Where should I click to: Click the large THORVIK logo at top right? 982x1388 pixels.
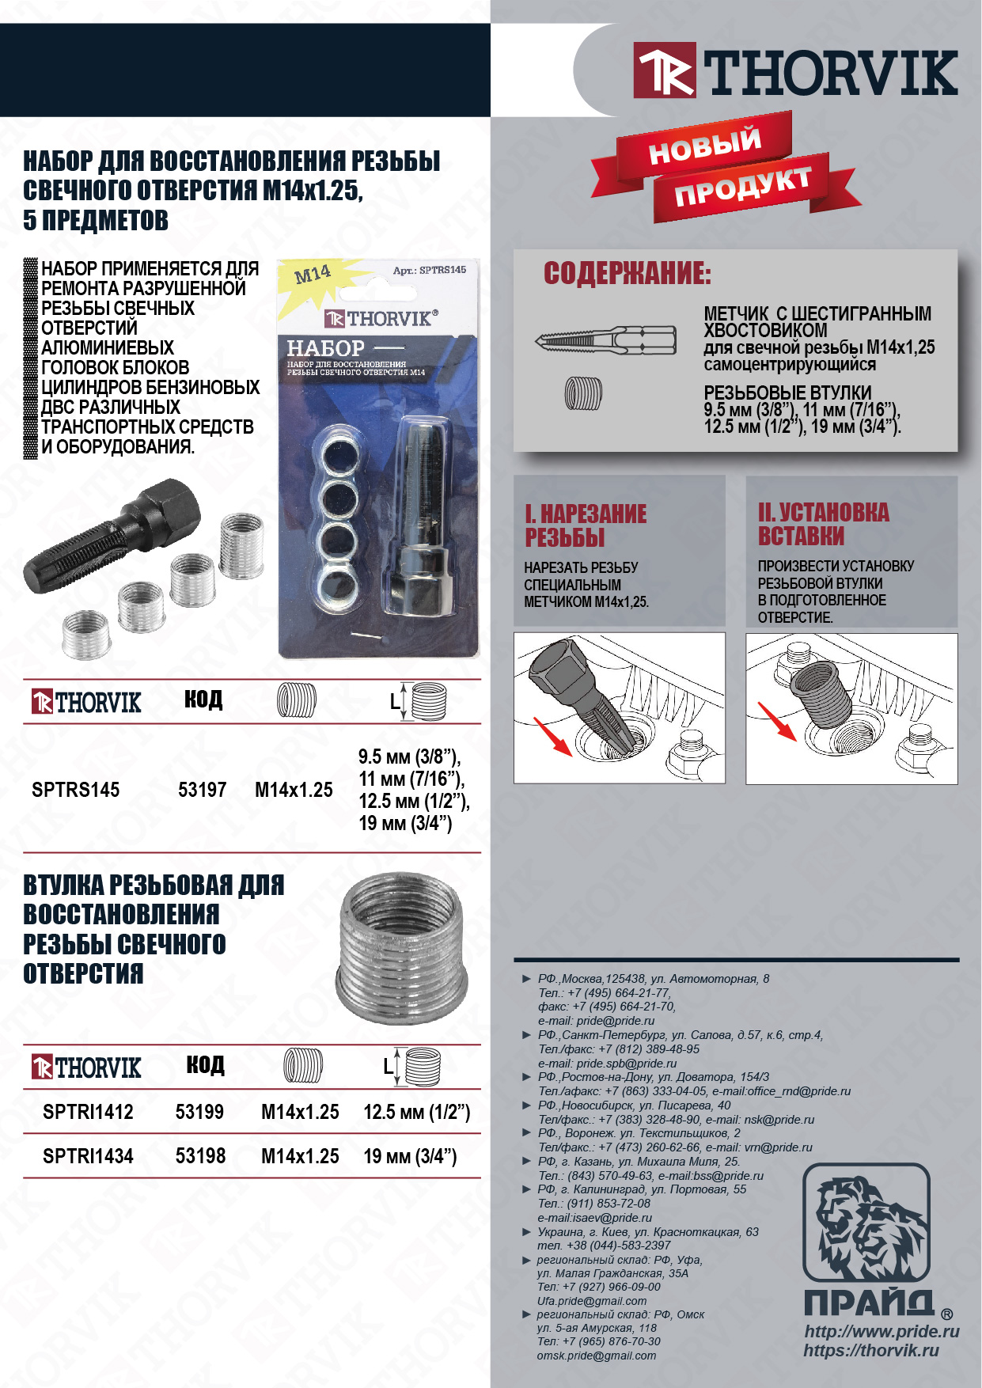pos(795,71)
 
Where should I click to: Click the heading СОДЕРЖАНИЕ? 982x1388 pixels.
pos(627,273)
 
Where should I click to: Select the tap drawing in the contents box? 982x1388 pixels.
pos(605,341)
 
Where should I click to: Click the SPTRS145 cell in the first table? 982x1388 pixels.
pos(75,790)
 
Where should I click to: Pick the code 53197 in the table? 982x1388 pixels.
pos(202,790)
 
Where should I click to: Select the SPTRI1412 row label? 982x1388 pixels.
pos(88,1112)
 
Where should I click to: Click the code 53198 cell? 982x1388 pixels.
pos(200,1156)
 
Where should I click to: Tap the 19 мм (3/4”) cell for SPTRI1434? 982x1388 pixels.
pos(410,1156)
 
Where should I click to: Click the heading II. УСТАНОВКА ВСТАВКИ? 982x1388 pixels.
pos(823,524)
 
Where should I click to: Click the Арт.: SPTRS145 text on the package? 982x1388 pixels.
pos(429,271)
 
